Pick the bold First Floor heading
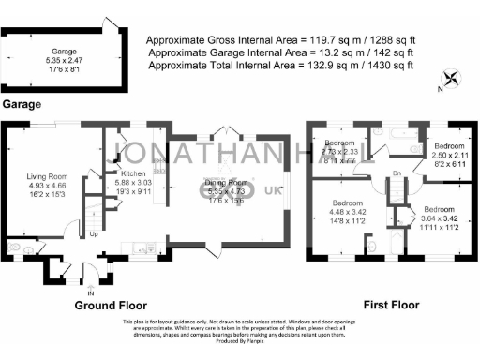pyautogui.click(x=392, y=306)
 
